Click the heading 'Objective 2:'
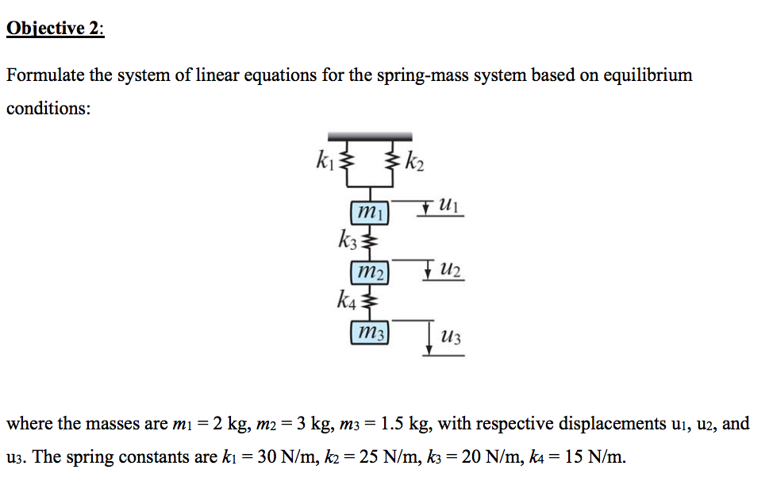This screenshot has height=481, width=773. click(56, 29)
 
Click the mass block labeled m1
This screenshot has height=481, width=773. click(370, 213)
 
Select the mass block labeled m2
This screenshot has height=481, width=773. click(370, 272)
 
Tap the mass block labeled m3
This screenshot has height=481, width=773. click(370, 332)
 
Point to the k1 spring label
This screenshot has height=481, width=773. click(325, 160)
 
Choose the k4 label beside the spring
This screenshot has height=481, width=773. click(346, 299)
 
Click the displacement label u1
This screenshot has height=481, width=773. click(448, 205)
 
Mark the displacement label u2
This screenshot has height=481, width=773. click(450, 270)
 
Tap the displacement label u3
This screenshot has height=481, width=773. click(451, 337)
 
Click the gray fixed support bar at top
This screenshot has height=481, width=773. click(371, 137)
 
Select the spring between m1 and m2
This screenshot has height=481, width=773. click(370, 242)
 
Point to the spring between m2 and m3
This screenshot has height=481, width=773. click(370, 302)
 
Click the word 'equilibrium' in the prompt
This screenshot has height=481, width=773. click(648, 76)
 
